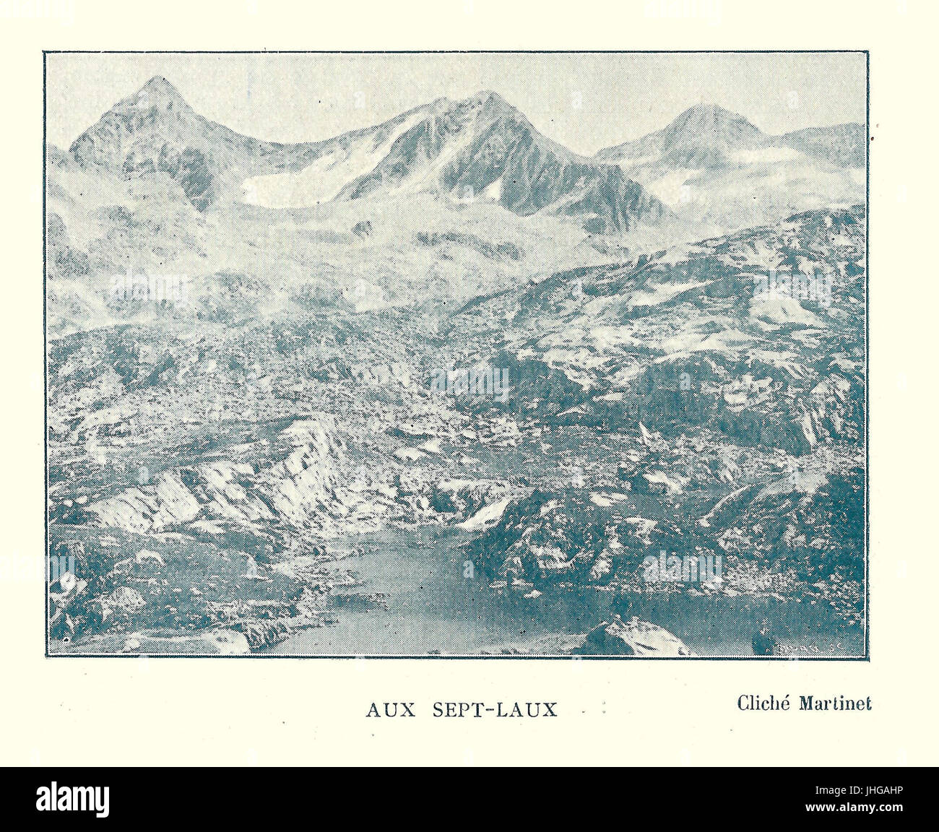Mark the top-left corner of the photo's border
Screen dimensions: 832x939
click(45, 53)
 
